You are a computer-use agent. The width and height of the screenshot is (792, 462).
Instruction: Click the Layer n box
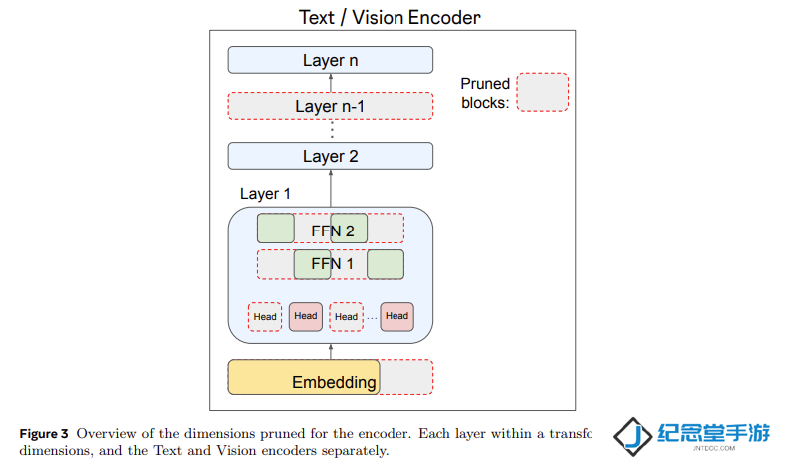pos(331,60)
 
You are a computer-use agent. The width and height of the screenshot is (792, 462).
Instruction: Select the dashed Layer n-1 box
pos(331,106)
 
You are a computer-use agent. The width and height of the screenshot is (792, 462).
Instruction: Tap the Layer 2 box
pos(331,156)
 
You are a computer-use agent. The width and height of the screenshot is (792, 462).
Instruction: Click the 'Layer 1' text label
pos(265,194)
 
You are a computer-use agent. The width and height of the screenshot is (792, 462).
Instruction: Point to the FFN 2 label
pos(333,231)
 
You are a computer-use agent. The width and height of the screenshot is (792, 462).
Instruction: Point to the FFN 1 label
pos(332,264)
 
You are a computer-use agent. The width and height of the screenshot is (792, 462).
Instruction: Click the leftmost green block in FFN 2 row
pos(276,229)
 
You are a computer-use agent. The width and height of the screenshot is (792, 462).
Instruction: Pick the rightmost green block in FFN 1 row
pos(386,264)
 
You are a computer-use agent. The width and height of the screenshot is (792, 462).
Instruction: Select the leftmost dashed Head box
pos(265,317)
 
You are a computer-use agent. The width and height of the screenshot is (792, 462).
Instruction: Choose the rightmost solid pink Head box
pos(397,316)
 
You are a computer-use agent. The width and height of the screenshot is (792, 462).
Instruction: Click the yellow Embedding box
pos(304,377)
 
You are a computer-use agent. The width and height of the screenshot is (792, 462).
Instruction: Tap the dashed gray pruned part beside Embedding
pos(406,377)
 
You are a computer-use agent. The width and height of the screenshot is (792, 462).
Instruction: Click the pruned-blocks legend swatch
pos(543,92)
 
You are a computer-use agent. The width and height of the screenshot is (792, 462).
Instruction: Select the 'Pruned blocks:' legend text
pos(485,93)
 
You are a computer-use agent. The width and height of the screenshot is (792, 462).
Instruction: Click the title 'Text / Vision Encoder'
pos(390,17)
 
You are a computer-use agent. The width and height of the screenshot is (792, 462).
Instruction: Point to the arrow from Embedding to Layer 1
pos(331,352)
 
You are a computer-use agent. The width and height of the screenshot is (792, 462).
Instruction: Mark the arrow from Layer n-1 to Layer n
pos(331,83)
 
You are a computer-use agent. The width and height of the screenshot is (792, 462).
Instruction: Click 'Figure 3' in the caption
pos(44,434)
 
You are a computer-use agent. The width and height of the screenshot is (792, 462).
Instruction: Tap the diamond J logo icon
pos(633,436)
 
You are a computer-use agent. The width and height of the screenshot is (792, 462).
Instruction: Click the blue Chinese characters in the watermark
pos(714,433)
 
